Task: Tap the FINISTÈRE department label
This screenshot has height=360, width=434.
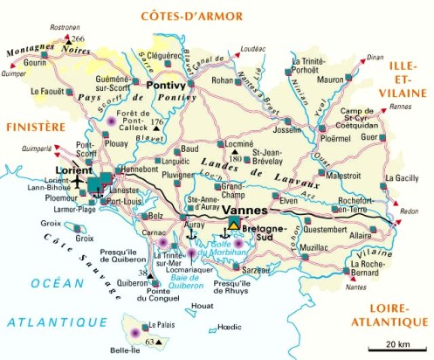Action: (35, 127)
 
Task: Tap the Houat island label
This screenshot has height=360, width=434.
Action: (202, 307)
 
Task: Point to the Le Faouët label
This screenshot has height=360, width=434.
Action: (47, 91)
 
